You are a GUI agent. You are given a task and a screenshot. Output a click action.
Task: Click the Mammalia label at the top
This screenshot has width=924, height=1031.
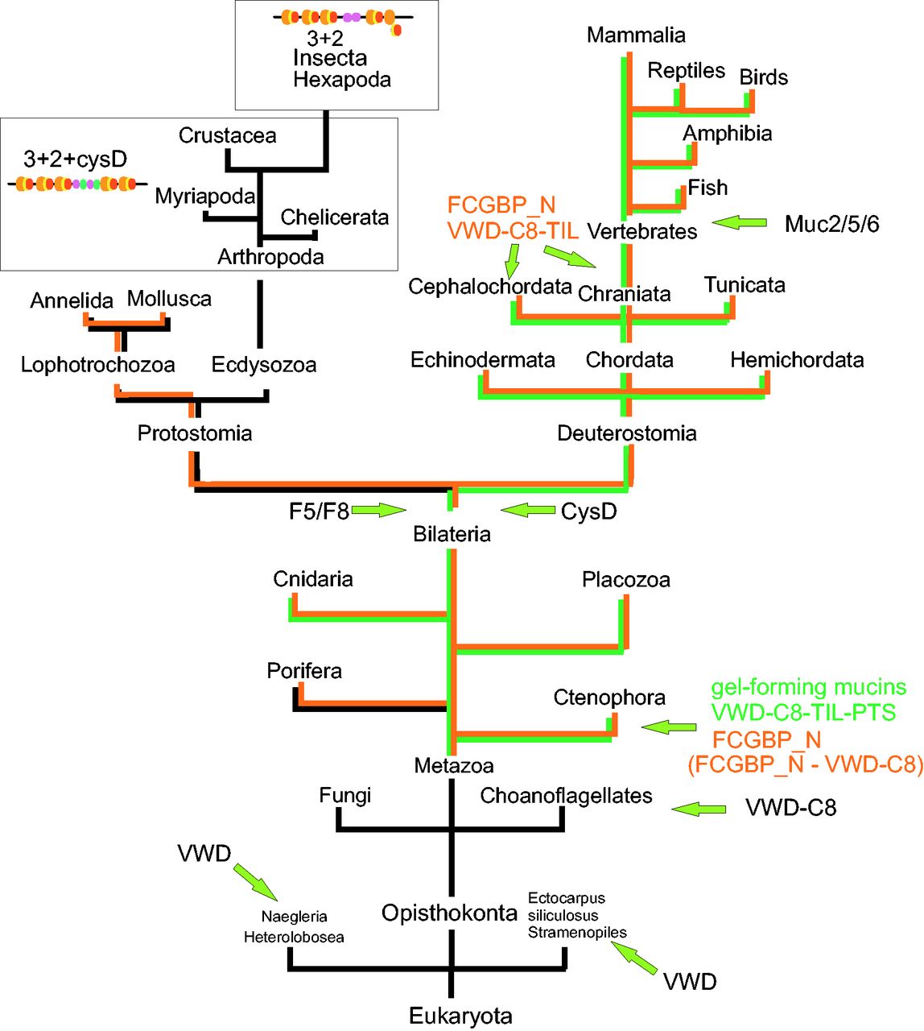pos(636,35)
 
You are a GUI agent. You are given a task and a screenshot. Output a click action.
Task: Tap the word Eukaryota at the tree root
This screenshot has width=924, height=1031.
pos(460,1016)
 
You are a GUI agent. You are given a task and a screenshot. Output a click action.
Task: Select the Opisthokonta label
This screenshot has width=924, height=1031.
pos(449,913)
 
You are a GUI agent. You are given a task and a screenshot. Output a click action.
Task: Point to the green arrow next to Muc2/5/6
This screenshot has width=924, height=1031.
pos(739,222)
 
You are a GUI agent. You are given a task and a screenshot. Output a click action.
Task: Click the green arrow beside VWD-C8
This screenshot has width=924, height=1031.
pos(698,808)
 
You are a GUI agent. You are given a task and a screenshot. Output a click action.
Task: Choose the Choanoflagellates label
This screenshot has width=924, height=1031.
pos(566,796)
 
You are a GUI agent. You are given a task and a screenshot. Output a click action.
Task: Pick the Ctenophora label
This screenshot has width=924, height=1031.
pos(609,698)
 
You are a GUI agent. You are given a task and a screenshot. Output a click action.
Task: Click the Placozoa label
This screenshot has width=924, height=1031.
pos(625,580)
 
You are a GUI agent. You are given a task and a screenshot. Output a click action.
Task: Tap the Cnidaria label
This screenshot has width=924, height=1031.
pos(313,579)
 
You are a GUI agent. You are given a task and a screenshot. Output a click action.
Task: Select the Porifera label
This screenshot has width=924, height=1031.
pos(304,671)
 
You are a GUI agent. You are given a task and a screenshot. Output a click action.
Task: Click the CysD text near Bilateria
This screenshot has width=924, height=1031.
pos(588,512)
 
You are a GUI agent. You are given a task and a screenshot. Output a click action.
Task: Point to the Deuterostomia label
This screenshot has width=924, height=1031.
pos(626,433)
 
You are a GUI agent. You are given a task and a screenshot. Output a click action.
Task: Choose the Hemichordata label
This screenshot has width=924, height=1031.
pos(797,360)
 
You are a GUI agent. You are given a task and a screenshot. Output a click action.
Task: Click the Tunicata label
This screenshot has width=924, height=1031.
pos(745,285)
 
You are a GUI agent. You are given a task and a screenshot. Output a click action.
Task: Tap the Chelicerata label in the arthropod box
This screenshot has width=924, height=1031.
pos(334,217)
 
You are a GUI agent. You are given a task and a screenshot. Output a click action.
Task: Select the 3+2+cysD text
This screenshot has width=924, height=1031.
pos(75,159)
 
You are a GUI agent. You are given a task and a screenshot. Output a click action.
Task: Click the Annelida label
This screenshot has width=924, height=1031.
pos(72,301)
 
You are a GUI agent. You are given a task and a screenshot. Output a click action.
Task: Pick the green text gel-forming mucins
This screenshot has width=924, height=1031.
pos(808,688)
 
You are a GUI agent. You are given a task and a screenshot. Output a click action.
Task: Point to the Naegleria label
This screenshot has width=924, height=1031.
pos(294,917)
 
